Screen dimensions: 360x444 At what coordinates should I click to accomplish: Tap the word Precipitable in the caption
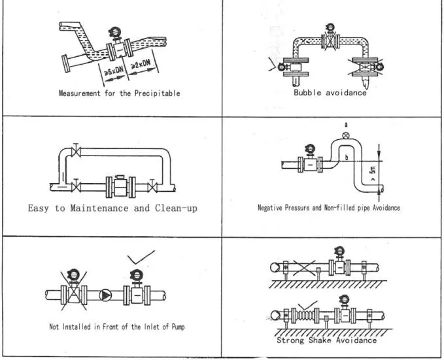click(156, 93)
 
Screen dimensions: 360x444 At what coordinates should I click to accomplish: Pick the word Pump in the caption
click(176, 327)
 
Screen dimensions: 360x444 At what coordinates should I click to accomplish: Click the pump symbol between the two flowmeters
click(106, 294)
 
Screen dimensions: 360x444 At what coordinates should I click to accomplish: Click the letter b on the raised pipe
click(345, 158)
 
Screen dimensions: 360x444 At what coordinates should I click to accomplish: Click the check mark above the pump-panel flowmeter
click(142, 256)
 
